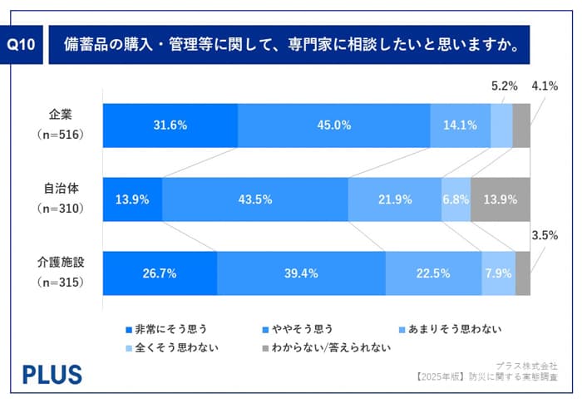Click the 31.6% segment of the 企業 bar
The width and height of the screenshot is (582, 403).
click(x=170, y=125)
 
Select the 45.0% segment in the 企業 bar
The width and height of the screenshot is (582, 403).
click(x=334, y=125)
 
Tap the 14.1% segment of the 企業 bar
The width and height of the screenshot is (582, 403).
click(x=460, y=125)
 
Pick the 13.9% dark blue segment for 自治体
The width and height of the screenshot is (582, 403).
click(x=132, y=199)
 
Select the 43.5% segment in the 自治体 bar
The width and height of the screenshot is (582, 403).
click(x=254, y=199)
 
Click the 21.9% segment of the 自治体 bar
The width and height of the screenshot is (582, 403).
click(x=393, y=199)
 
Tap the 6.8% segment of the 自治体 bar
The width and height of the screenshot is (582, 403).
click(x=456, y=199)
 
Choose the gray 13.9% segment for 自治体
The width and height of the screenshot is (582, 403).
click(x=501, y=199)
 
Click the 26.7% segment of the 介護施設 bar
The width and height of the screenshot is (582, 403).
click(x=160, y=273)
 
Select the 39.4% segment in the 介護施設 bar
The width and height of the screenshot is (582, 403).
click(x=301, y=273)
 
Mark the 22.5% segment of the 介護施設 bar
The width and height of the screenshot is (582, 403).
click(x=433, y=273)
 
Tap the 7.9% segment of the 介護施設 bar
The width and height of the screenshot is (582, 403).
click(x=498, y=273)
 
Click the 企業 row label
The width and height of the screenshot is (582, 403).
click(x=62, y=115)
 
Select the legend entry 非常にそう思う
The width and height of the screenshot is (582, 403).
click(x=166, y=329)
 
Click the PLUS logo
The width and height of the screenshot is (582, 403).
click(x=52, y=374)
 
